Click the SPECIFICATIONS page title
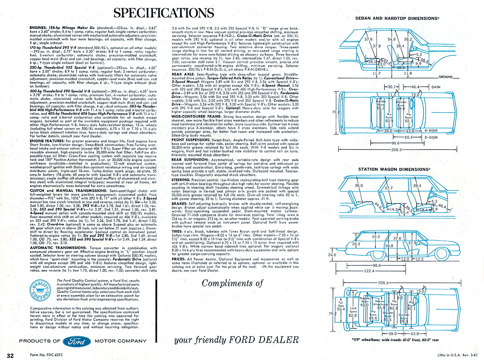click(163, 13)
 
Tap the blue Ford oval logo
click(77, 341)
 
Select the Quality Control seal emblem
click(41, 291)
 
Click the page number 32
click(11, 355)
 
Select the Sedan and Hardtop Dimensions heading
click(397, 18)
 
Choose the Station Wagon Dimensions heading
click(394, 169)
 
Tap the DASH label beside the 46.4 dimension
click(436, 87)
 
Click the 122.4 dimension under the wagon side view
click(369, 271)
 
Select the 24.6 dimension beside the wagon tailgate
click(332, 255)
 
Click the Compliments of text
click(232, 283)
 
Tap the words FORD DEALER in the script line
click(264, 340)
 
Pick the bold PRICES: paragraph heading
click(179, 259)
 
